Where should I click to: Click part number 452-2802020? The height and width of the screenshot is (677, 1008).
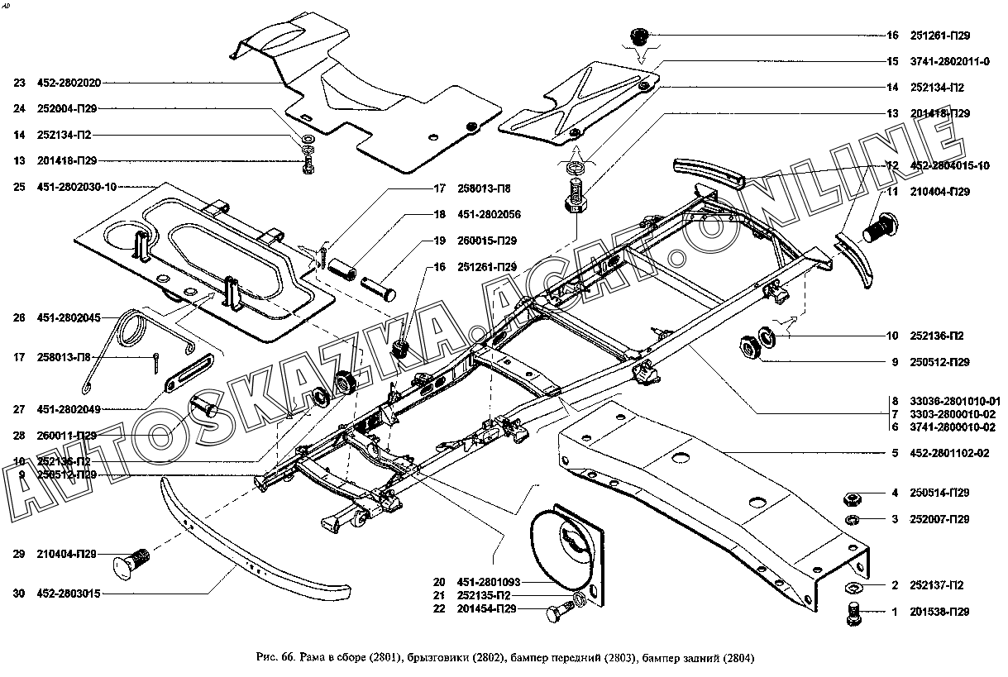pos(69,83)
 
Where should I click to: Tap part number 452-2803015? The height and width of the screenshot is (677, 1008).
pos(69,594)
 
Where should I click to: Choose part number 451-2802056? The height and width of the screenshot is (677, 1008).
pos(489,215)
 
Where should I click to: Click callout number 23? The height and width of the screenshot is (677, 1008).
pos(19,83)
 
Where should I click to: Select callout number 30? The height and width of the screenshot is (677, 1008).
pos(19,594)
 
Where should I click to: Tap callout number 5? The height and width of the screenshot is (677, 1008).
pos(895,453)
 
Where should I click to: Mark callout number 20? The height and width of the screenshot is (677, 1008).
pos(438,582)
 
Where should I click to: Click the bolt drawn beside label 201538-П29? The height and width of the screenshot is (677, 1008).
pos(855,613)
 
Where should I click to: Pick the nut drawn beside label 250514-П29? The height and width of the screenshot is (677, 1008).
pos(853,497)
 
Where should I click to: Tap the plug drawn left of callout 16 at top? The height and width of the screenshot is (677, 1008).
pos(640,36)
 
